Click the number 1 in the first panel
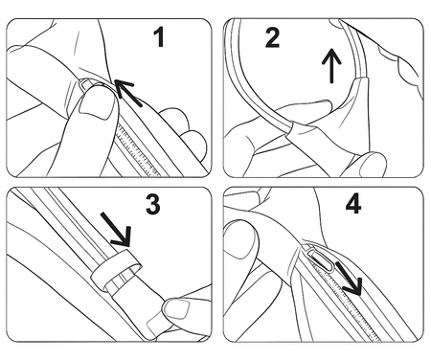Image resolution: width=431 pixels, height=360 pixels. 159,37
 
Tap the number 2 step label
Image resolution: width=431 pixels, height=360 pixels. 272,37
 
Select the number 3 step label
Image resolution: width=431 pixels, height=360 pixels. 152,205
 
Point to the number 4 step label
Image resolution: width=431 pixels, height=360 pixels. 353,204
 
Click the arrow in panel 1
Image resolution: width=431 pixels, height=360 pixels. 128,93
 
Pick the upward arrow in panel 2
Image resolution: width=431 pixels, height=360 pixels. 331,65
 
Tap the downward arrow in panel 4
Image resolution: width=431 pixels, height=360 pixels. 349,279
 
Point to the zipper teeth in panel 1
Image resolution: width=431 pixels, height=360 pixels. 138,149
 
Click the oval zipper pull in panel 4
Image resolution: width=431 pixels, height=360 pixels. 322,260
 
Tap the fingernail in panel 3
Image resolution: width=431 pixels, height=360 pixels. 176,308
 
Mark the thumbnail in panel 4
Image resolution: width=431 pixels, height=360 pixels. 239,242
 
